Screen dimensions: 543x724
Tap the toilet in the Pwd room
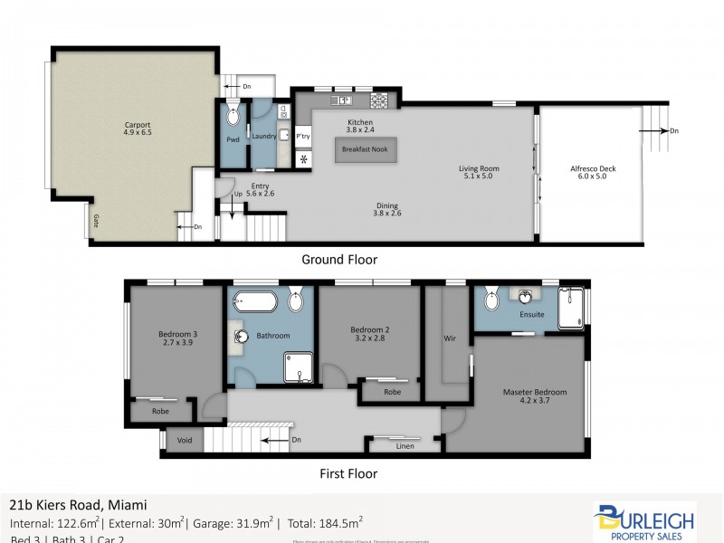[x=233, y=116]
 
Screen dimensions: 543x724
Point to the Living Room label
[x=479, y=168]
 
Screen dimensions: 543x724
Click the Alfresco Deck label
[x=593, y=168]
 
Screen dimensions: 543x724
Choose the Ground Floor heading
[x=339, y=260]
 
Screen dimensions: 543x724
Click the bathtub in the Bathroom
[x=252, y=301]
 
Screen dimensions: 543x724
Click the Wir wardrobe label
[x=448, y=340]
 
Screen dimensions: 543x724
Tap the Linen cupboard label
[x=405, y=445]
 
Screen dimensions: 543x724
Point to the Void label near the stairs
[x=185, y=441]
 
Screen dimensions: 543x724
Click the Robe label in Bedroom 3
[x=160, y=411]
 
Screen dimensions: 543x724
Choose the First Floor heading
[x=348, y=472]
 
